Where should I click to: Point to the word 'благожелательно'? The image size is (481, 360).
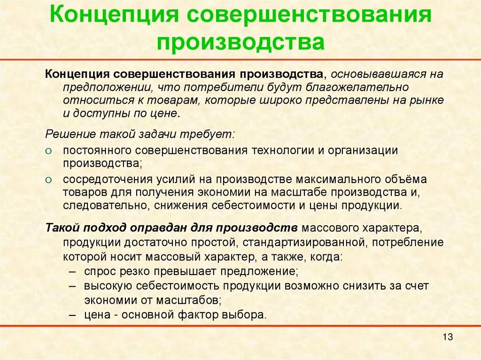point(357,87)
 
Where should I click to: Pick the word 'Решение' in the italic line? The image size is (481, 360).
point(65,134)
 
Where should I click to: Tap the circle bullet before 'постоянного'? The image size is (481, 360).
point(49,151)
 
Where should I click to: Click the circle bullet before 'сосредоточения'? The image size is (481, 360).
point(49,180)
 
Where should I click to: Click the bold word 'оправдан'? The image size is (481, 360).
point(158,228)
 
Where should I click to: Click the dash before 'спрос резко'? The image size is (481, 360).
point(72,272)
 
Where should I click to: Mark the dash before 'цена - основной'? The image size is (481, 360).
point(72,315)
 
